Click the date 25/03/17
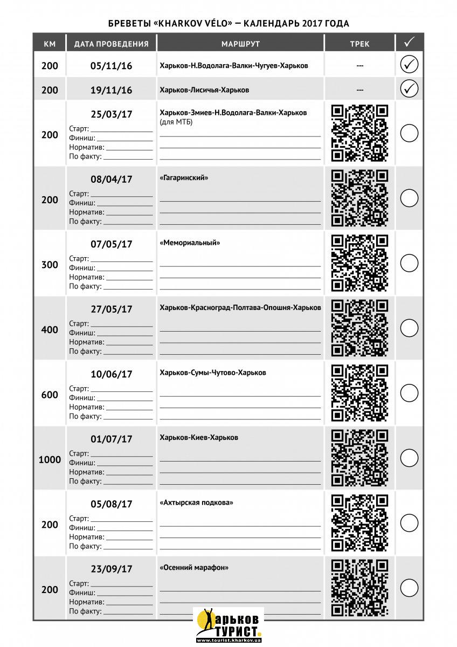(111, 114)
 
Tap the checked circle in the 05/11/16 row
(409, 65)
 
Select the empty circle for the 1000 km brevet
(409, 458)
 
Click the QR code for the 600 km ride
(359, 393)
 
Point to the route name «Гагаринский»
(184, 177)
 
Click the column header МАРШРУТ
(240, 44)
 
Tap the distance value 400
(50, 330)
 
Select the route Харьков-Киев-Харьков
(199, 437)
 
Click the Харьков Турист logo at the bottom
(228, 625)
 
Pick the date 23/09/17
(111, 569)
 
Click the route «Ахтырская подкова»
(197, 503)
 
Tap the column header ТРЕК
(359, 44)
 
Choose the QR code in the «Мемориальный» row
(359, 263)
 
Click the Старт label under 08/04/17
(79, 194)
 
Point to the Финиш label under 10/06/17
(82, 398)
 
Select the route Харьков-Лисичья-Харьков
(204, 90)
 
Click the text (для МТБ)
(176, 122)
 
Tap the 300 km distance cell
(50, 265)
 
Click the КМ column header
(50, 44)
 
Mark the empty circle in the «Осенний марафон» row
(409, 588)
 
